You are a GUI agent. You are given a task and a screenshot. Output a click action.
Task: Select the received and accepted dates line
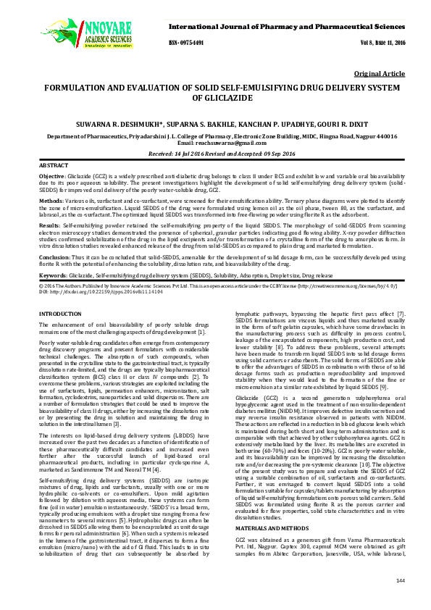(x=215, y=154)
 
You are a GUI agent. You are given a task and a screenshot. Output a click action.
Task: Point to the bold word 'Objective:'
(x=51, y=176)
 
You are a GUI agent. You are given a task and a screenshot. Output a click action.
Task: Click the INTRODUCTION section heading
(x=59, y=313)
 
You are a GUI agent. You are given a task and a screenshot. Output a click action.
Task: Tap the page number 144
(x=401, y=601)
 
